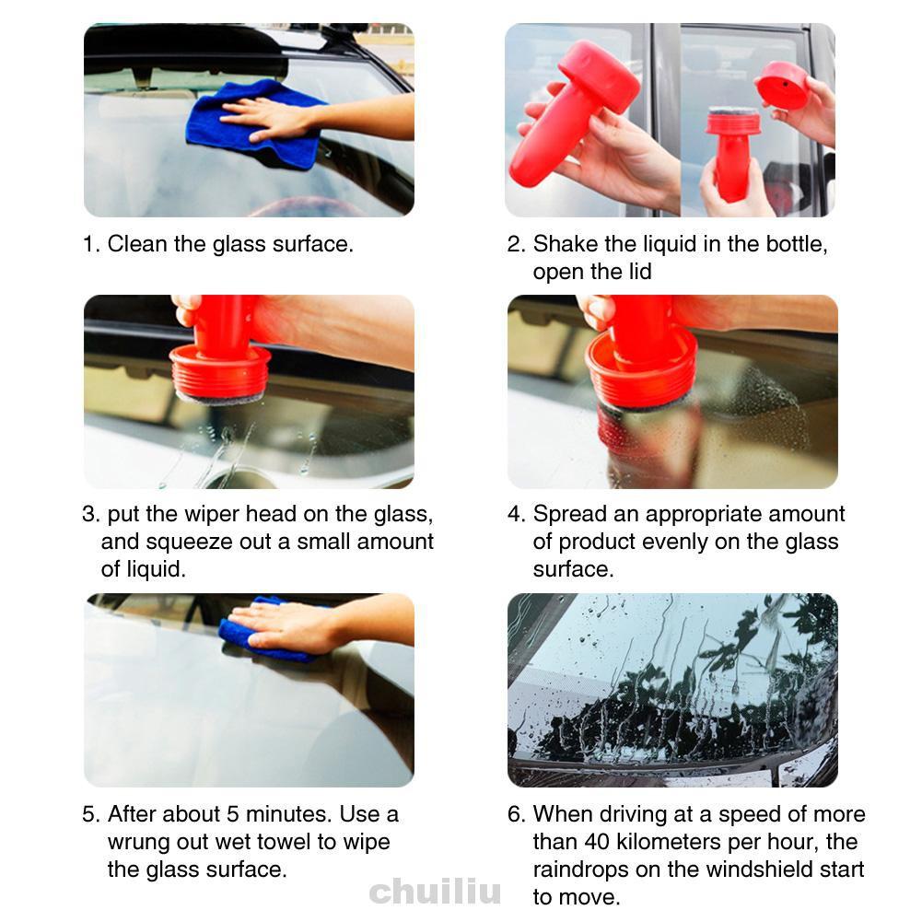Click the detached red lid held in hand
783,86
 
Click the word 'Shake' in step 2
566,244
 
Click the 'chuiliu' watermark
435,891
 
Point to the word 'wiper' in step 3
212,515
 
